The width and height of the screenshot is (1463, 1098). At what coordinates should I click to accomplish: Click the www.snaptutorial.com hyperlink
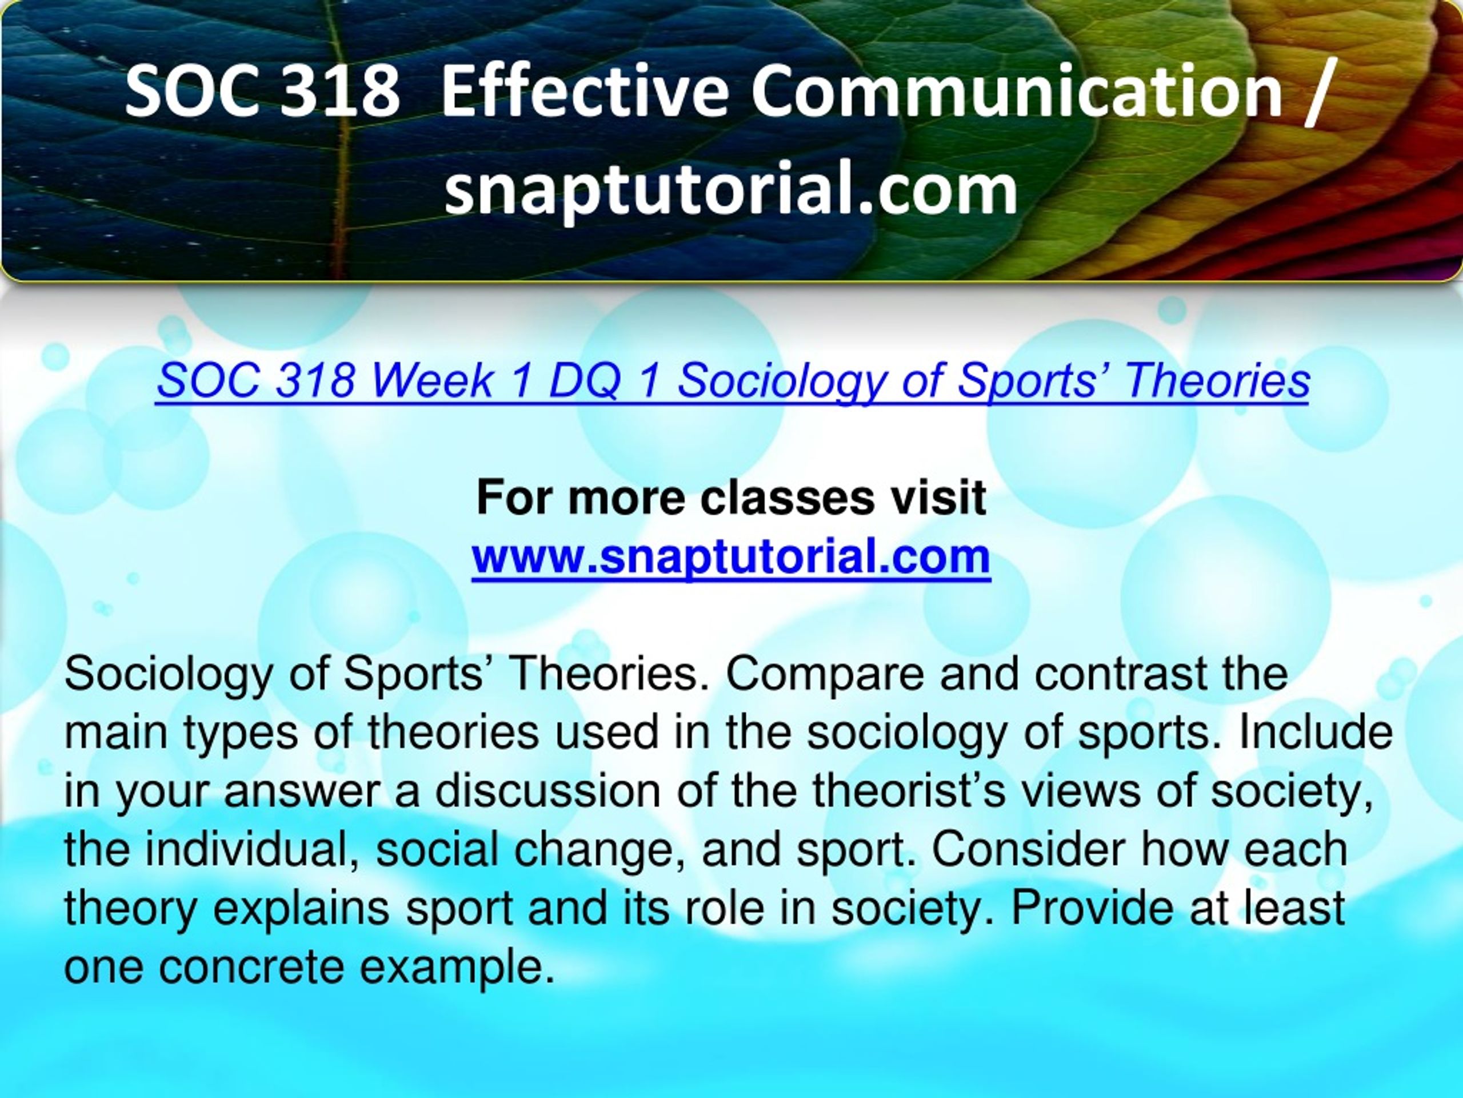click(x=731, y=556)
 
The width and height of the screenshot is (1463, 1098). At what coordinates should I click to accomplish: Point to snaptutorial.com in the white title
click(x=731, y=189)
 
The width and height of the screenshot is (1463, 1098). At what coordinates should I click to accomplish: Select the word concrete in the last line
click(x=251, y=967)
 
